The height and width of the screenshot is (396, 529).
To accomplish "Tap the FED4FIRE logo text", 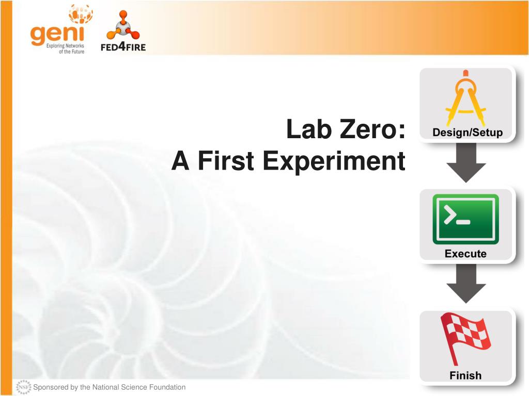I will click(x=123, y=46).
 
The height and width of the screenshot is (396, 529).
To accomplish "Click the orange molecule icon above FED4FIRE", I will click(x=122, y=26).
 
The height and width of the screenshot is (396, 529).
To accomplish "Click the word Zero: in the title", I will click(x=372, y=129).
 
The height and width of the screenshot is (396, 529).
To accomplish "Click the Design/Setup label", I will click(x=467, y=133).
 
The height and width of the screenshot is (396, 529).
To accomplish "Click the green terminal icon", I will click(x=465, y=219).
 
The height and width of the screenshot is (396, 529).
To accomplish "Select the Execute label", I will click(x=465, y=254).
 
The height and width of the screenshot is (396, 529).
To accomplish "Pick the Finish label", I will click(x=465, y=375).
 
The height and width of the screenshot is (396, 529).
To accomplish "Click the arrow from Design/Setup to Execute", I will click(x=466, y=162).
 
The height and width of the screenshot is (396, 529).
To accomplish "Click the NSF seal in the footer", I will click(x=24, y=387).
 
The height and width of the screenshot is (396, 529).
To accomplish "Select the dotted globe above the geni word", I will click(x=81, y=14).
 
